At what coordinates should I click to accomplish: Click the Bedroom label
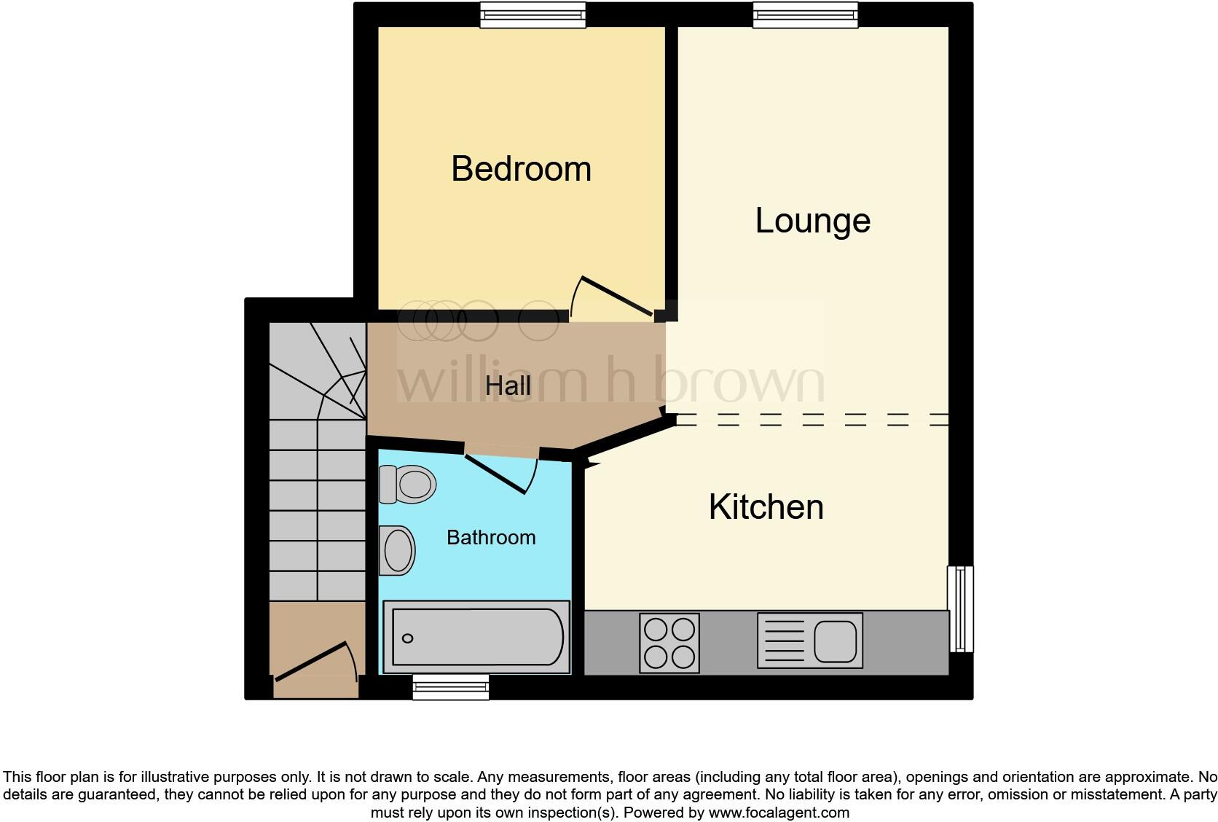tap(521, 169)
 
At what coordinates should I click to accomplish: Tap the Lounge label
tap(812, 221)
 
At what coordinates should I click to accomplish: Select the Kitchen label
tap(766, 507)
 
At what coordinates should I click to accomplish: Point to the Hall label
tap(508, 386)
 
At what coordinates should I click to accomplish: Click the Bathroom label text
tap(490, 538)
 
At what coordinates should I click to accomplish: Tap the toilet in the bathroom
tap(408, 485)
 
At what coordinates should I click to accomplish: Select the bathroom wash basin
tap(397, 550)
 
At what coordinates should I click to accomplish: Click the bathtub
tap(477, 638)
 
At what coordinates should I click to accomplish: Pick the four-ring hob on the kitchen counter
tap(669, 643)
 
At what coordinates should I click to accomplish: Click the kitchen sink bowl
tap(835, 641)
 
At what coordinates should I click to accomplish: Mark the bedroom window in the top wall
tap(533, 15)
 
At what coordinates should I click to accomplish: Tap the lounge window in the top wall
tap(805, 15)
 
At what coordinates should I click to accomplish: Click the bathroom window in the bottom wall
tap(450, 687)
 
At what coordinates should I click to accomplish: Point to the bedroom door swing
tap(610, 297)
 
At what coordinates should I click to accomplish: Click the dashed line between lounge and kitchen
tap(812, 420)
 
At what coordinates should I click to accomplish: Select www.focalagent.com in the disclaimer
tap(778, 813)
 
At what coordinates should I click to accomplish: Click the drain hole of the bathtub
tap(408, 638)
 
